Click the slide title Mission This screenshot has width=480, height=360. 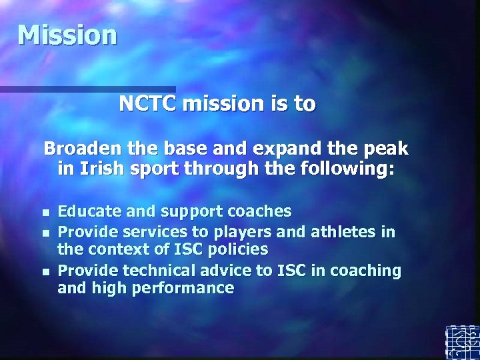click(x=67, y=35)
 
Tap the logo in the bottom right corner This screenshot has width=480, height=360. click(x=462, y=342)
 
